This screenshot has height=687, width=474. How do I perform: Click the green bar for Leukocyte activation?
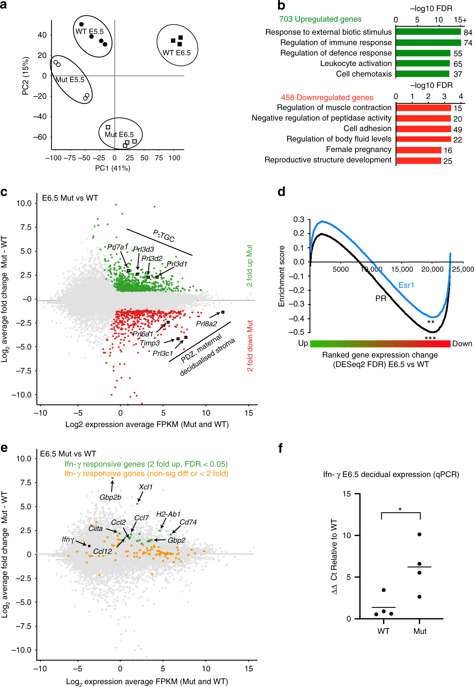(423, 63)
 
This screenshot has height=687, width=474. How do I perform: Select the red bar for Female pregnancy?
(419, 150)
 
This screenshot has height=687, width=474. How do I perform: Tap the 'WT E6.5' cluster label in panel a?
(176, 53)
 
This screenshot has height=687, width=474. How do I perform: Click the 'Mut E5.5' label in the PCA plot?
(70, 80)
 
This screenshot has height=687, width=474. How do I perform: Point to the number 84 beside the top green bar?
(468, 32)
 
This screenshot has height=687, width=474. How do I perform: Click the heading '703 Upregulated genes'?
(320, 19)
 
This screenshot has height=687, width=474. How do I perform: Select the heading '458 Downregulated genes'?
(327, 98)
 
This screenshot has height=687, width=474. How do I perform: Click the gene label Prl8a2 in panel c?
(206, 324)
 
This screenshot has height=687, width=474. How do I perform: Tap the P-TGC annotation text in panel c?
(164, 236)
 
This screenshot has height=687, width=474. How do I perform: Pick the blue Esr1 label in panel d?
(406, 285)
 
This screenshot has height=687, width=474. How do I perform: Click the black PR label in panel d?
(381, 299)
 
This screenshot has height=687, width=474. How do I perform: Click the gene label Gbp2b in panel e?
(110, 497)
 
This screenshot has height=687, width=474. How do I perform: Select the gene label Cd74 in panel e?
(188, 522)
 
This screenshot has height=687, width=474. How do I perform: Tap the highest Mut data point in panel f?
(419, 534)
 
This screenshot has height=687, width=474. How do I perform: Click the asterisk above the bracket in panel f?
(400, 509)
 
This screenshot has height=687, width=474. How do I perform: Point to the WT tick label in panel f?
(383, 631)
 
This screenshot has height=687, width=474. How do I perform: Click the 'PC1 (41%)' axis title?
(112, 168)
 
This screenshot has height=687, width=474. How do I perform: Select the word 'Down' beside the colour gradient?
(462, 344)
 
